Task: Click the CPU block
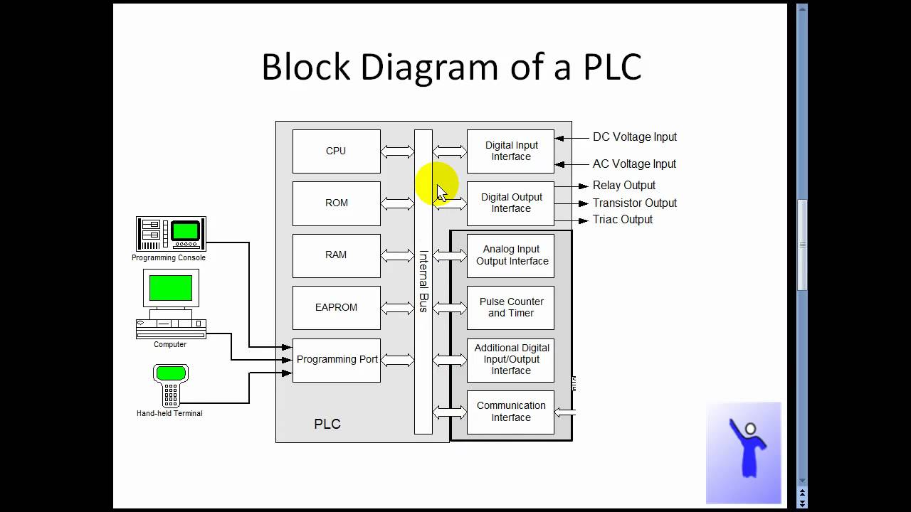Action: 336,151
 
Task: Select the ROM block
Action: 336,203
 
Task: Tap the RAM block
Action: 336,255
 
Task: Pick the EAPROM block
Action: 336,307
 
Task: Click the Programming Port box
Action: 337,359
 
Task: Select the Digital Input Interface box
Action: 510,151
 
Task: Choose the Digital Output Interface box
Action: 510,203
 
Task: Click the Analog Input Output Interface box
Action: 510,255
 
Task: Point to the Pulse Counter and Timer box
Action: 510,307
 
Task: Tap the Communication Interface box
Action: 510,411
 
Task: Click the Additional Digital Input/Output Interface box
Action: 510,359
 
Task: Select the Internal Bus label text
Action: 423,281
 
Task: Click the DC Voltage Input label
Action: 634,137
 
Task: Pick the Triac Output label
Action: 622,219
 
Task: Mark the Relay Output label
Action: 623,185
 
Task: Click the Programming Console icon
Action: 171,234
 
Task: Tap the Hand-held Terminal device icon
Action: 171,385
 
